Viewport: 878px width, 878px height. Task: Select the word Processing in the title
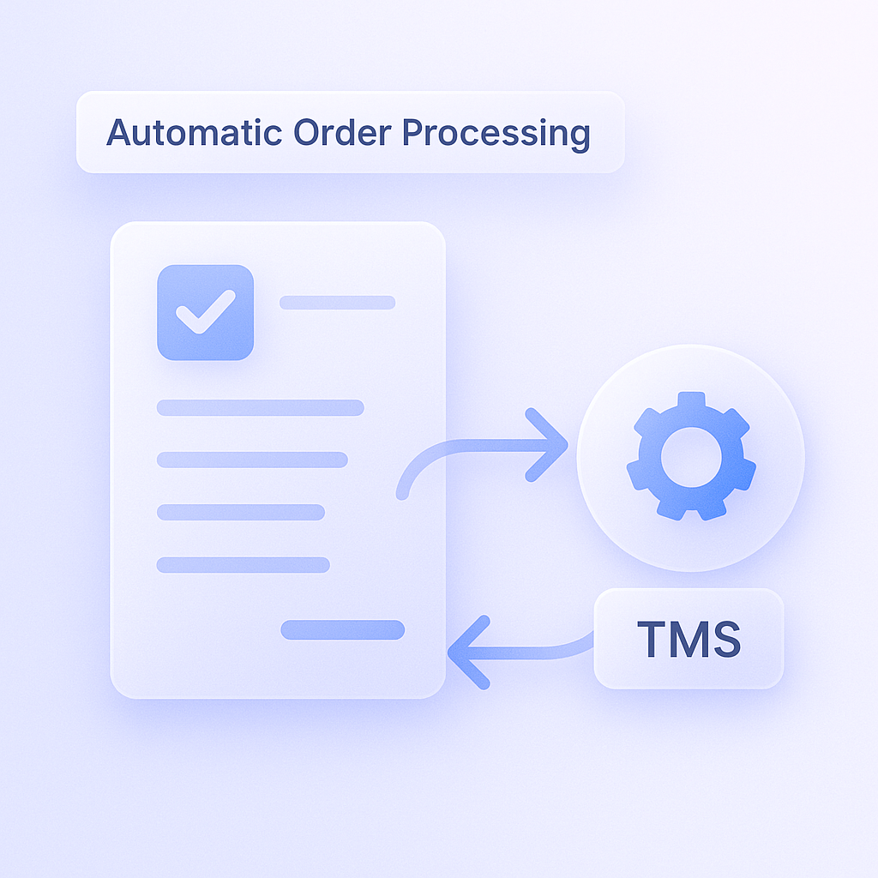496,135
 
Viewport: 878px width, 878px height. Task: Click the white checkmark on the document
205,313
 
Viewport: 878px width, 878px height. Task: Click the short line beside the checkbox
337,303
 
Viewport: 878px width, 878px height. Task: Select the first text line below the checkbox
260,407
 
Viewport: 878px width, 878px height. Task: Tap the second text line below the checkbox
252,460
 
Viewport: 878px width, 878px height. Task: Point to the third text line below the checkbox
240,513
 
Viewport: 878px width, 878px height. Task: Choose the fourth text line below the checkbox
243,565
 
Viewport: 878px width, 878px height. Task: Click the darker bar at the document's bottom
342,630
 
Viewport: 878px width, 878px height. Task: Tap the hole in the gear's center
691,456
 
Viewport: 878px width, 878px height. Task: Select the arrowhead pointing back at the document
464,652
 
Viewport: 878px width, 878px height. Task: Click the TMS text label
689,638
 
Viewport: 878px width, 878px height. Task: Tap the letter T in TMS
652,638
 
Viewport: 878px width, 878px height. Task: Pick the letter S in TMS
725,638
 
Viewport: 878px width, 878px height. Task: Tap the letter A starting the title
119,133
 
